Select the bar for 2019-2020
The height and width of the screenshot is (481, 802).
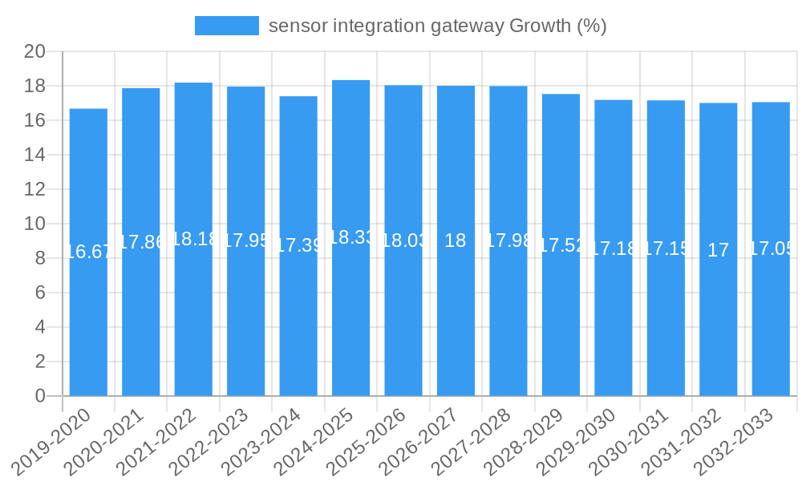[x=88, y=321]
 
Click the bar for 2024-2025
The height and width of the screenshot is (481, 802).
[x=350, y=321]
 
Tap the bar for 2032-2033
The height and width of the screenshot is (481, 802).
[x=771, y=321]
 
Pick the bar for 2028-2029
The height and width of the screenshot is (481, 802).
[x=561, y=321]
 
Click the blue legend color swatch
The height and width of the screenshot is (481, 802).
[x=227, y=26]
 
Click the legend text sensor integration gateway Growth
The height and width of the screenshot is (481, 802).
[x=437, y=26]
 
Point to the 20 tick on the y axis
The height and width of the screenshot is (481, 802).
[x=34, y=51]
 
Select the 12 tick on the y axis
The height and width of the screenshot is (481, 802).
[x=34, y=189]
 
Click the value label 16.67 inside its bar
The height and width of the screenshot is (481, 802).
[x=88, y=252]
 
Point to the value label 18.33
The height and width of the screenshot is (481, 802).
[x=350, y=237]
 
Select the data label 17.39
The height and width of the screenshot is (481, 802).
[x=298, y=245]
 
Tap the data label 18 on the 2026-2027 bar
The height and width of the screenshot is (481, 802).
[x=456, y=240]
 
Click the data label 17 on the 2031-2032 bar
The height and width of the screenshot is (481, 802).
[x=719, y=250]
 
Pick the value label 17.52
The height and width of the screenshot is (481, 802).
[x=561, y=245]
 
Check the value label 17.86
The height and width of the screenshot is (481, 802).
[x=141, y=242]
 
